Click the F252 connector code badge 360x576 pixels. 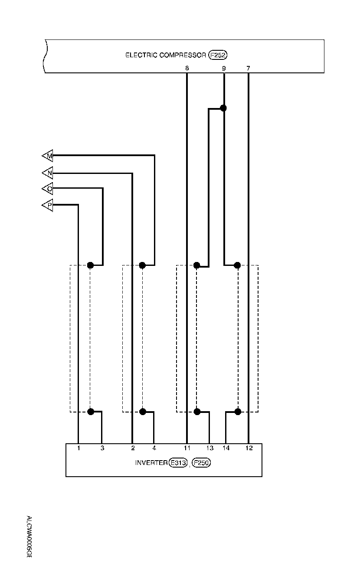[x=218, y=55]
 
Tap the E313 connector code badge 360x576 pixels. [x=178, y=463]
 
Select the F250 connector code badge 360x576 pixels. [x=201, y=463]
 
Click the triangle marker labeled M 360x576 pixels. [x=48, y=156]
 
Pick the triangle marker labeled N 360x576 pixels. [x=48, y=173]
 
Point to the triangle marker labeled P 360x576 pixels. [x=48, y=205]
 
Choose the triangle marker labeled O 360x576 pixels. [x=48, y=189]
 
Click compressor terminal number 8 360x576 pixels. [x=187, y=69]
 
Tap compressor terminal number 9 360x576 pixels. [x=224, y=69]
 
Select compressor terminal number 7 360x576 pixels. [x=248, y=69]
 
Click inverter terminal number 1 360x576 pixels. [x=79, y=448]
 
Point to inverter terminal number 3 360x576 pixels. [x=102, y=448]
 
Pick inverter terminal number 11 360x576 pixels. [x=187, y=448]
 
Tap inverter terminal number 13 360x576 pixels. [x=210, y=448]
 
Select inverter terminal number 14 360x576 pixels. [x=226, y=448]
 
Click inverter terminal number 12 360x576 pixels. [x=249, y=448]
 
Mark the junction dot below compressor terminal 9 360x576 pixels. [x=224, y=108]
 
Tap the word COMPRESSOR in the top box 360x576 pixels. [x=182, y=55]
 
